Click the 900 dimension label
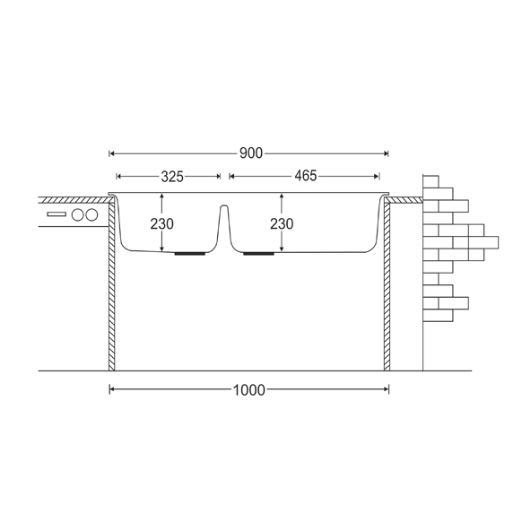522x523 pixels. click(x=251, y=153)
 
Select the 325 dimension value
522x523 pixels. click(x=172, y=177)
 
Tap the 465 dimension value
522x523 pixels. click(x=306, y=176)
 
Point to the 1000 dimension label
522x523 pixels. click(x=248, y=390)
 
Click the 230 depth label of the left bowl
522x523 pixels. click(x=161, y=223)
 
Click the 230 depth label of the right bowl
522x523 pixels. click(x=282, y=223)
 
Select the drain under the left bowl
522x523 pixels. click(x=190, y=254)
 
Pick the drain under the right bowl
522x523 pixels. click(x=259, y=254)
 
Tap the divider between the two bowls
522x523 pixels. click(x=224, y=227)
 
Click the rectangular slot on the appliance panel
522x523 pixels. click(x=57, y=214)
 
